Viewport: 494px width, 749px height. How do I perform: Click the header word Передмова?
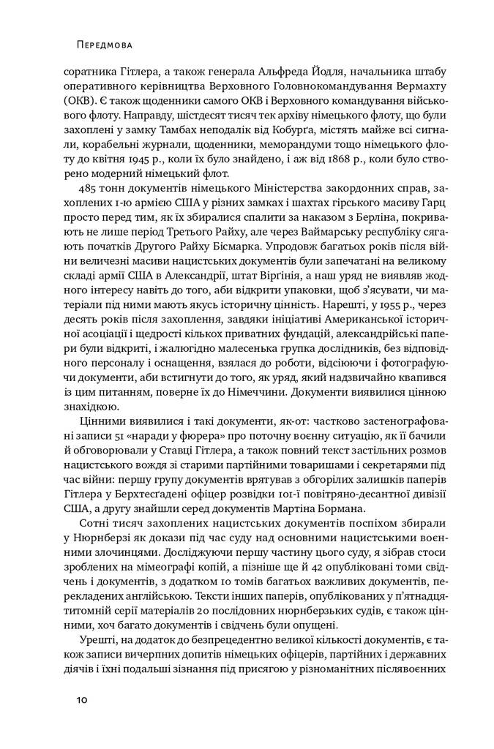(104, 45)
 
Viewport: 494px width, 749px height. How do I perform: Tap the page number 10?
(81, 699)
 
